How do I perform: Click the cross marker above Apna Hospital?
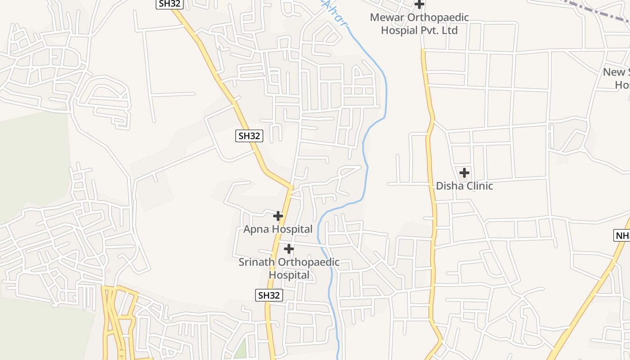pos(278,216)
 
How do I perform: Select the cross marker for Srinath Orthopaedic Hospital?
pos(289,248)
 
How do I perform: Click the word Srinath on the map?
pos(256,262)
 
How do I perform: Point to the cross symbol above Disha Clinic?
pos(464,172)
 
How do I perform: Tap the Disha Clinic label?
pos(464,186)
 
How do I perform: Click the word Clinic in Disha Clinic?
pos(479,186)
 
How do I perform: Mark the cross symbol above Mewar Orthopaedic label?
pos(419,4)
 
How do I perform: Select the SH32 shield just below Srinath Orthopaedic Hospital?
pos(269,295)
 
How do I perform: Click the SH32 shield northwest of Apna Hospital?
pos(249,136)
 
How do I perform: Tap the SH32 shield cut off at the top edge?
pos(170,3)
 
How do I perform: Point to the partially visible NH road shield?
pos(622,235)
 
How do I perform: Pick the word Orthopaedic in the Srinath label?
pos(309,262)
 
